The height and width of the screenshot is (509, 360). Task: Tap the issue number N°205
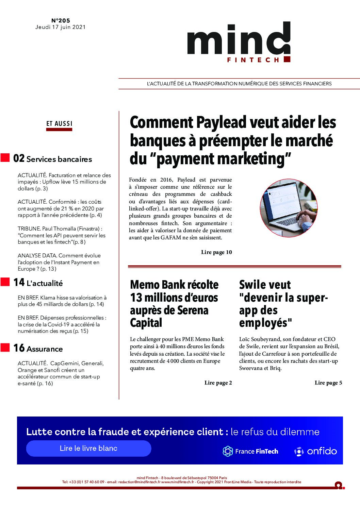tap(61, 20)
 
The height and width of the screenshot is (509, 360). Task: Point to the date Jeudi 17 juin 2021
tap(60, 27)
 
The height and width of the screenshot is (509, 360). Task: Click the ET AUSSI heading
tap(60, 124)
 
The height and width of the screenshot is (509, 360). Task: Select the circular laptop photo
tap(289, 208)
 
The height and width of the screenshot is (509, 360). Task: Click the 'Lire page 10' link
tap(216, 252)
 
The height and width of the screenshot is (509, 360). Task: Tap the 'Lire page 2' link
tap(218, 383)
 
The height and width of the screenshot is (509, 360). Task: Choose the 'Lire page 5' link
tap(328, 383)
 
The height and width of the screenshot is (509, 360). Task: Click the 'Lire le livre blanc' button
tap(88, 448)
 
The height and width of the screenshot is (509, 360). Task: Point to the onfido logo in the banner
tap(315, 451)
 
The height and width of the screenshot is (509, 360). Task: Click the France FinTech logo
tap(250, 451)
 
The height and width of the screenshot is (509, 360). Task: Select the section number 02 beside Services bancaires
tap(19, 158)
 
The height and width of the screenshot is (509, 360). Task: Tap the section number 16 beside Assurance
tap(19, 348)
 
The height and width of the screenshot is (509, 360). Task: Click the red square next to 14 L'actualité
tap(5, 282)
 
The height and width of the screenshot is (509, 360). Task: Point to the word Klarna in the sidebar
tap(48, 298)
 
